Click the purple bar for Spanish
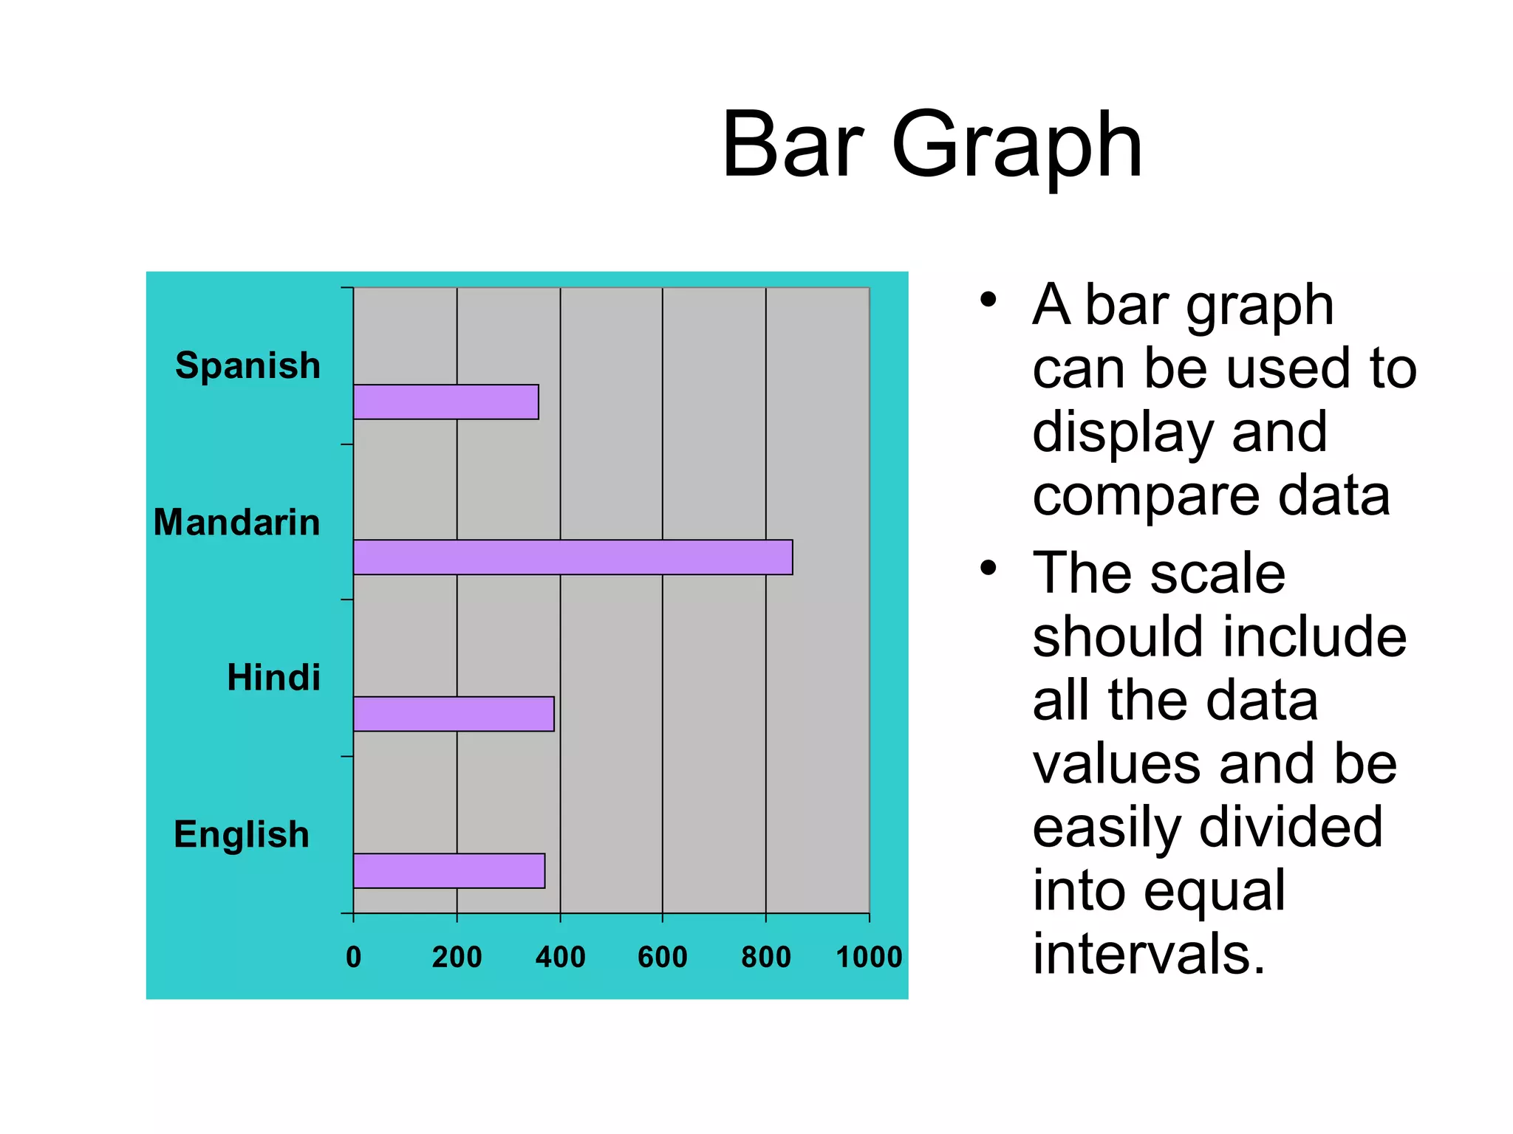coord(445,402)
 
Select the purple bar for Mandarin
coord(573,557)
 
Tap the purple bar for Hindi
coord(454,714)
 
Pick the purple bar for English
coord(449,870)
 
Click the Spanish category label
coord(247,365)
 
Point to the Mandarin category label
coord(236,522)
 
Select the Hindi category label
coord(273,677)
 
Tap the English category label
coord(242,834)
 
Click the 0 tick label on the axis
coord(354,957)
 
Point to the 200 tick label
coord(457,957)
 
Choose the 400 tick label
coord(560,957)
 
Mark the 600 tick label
coord(663,957)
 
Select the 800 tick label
coord(766,957)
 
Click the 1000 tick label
coord(869,957)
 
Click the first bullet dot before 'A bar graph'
coord(988,300)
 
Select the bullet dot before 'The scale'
coord(988,568)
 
